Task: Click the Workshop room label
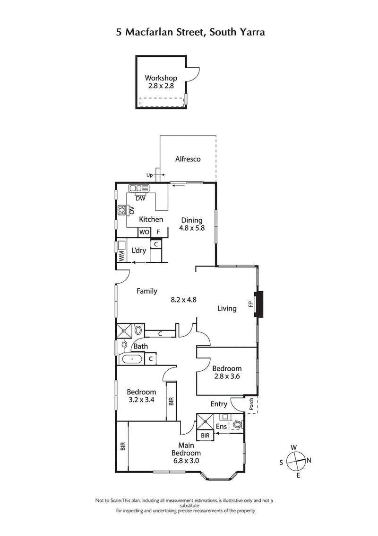[x=161, y=78]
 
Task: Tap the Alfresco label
[x=188, y=159]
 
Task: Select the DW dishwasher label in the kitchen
[x=140, y=198]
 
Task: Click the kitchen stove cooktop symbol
[x=122, y=210]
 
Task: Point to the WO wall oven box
[x=144, y=232]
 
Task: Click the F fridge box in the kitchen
[x=159, y=232]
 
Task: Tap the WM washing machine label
[x=121, y=256]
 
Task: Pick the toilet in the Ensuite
[x=238, y=425]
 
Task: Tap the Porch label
[x=251, y=404]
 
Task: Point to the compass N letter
[x=309, y=460]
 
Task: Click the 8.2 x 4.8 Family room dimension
[x=183, y=299]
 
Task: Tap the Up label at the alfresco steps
[x=150, y=175]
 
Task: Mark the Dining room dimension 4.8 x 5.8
[x=191, y=228]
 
